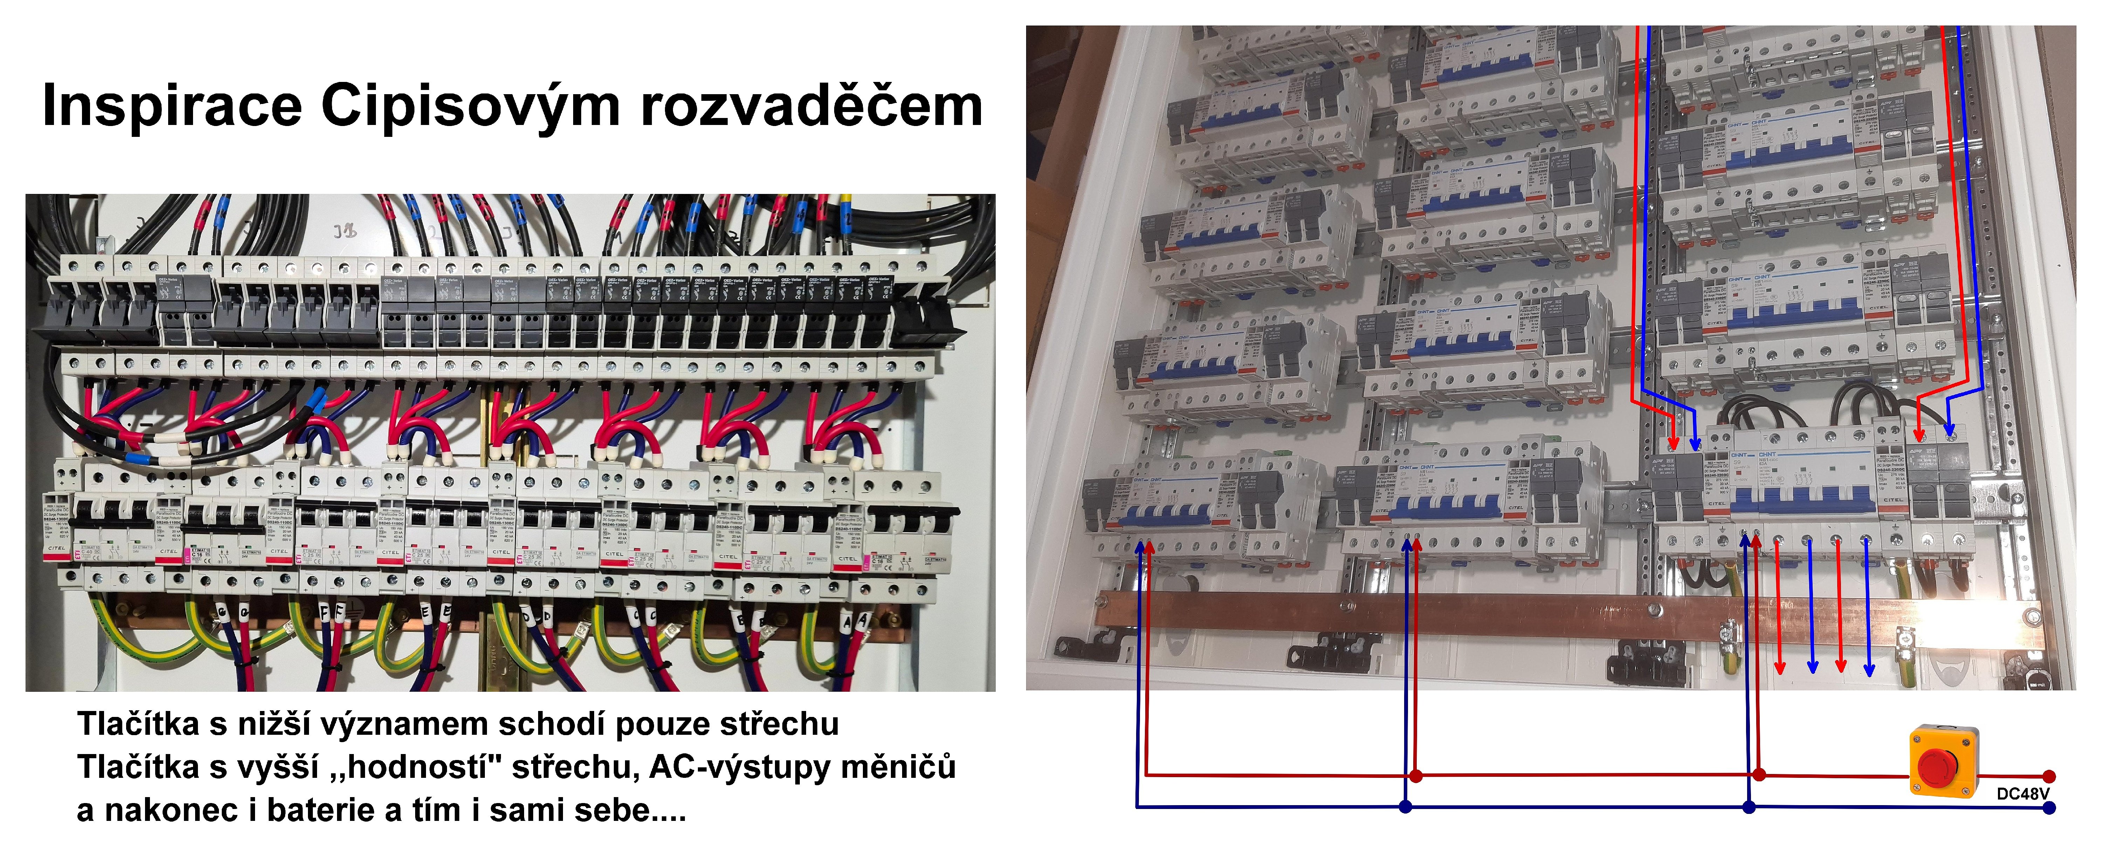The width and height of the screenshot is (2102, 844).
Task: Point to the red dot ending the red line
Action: [2049, 776]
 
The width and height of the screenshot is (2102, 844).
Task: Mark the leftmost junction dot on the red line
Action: [1416, 775]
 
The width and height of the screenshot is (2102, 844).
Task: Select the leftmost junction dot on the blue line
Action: [1405, 807]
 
